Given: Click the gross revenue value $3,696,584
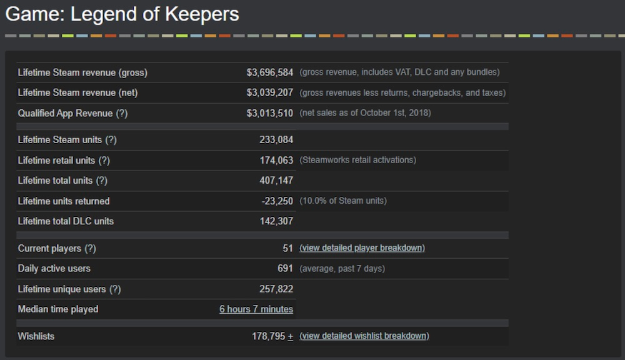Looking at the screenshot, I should coord(269,72).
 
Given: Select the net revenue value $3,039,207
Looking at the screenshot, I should coord(269,92).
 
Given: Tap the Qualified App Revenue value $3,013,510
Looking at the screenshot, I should coord(269,113).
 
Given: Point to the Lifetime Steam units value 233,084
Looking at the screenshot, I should coord(276,140).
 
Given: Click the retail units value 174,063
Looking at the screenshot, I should coord(276,160).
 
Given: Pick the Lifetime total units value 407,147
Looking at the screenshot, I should coord(276,181).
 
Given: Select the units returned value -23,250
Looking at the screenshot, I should coord(277,201).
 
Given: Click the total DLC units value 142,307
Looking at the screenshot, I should coord(276,221).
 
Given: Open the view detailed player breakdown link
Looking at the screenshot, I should coord(362,248).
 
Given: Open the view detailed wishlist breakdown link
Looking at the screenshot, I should coord(364,336).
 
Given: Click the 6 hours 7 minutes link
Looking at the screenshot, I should coord(256,309).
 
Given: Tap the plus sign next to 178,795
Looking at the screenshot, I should coord(291,337).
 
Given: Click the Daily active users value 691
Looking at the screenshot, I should coord(285,268).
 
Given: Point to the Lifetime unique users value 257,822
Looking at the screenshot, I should coord(276,289).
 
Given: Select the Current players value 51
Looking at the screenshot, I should coord(287,248).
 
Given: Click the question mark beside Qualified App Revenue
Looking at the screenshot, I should coord(122,113).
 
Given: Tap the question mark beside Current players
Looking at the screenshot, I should coord(91,248).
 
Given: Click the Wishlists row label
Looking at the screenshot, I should coord(36,336).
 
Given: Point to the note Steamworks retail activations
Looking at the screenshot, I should coord(357,160).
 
